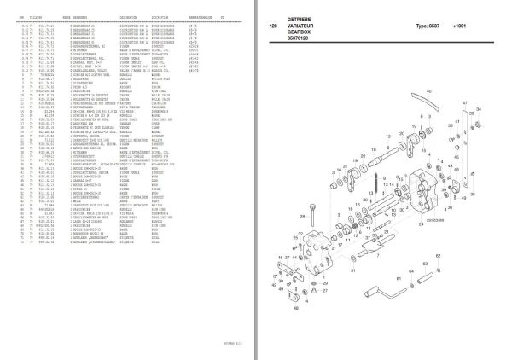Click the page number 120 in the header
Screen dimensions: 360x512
(x=273, y=26)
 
